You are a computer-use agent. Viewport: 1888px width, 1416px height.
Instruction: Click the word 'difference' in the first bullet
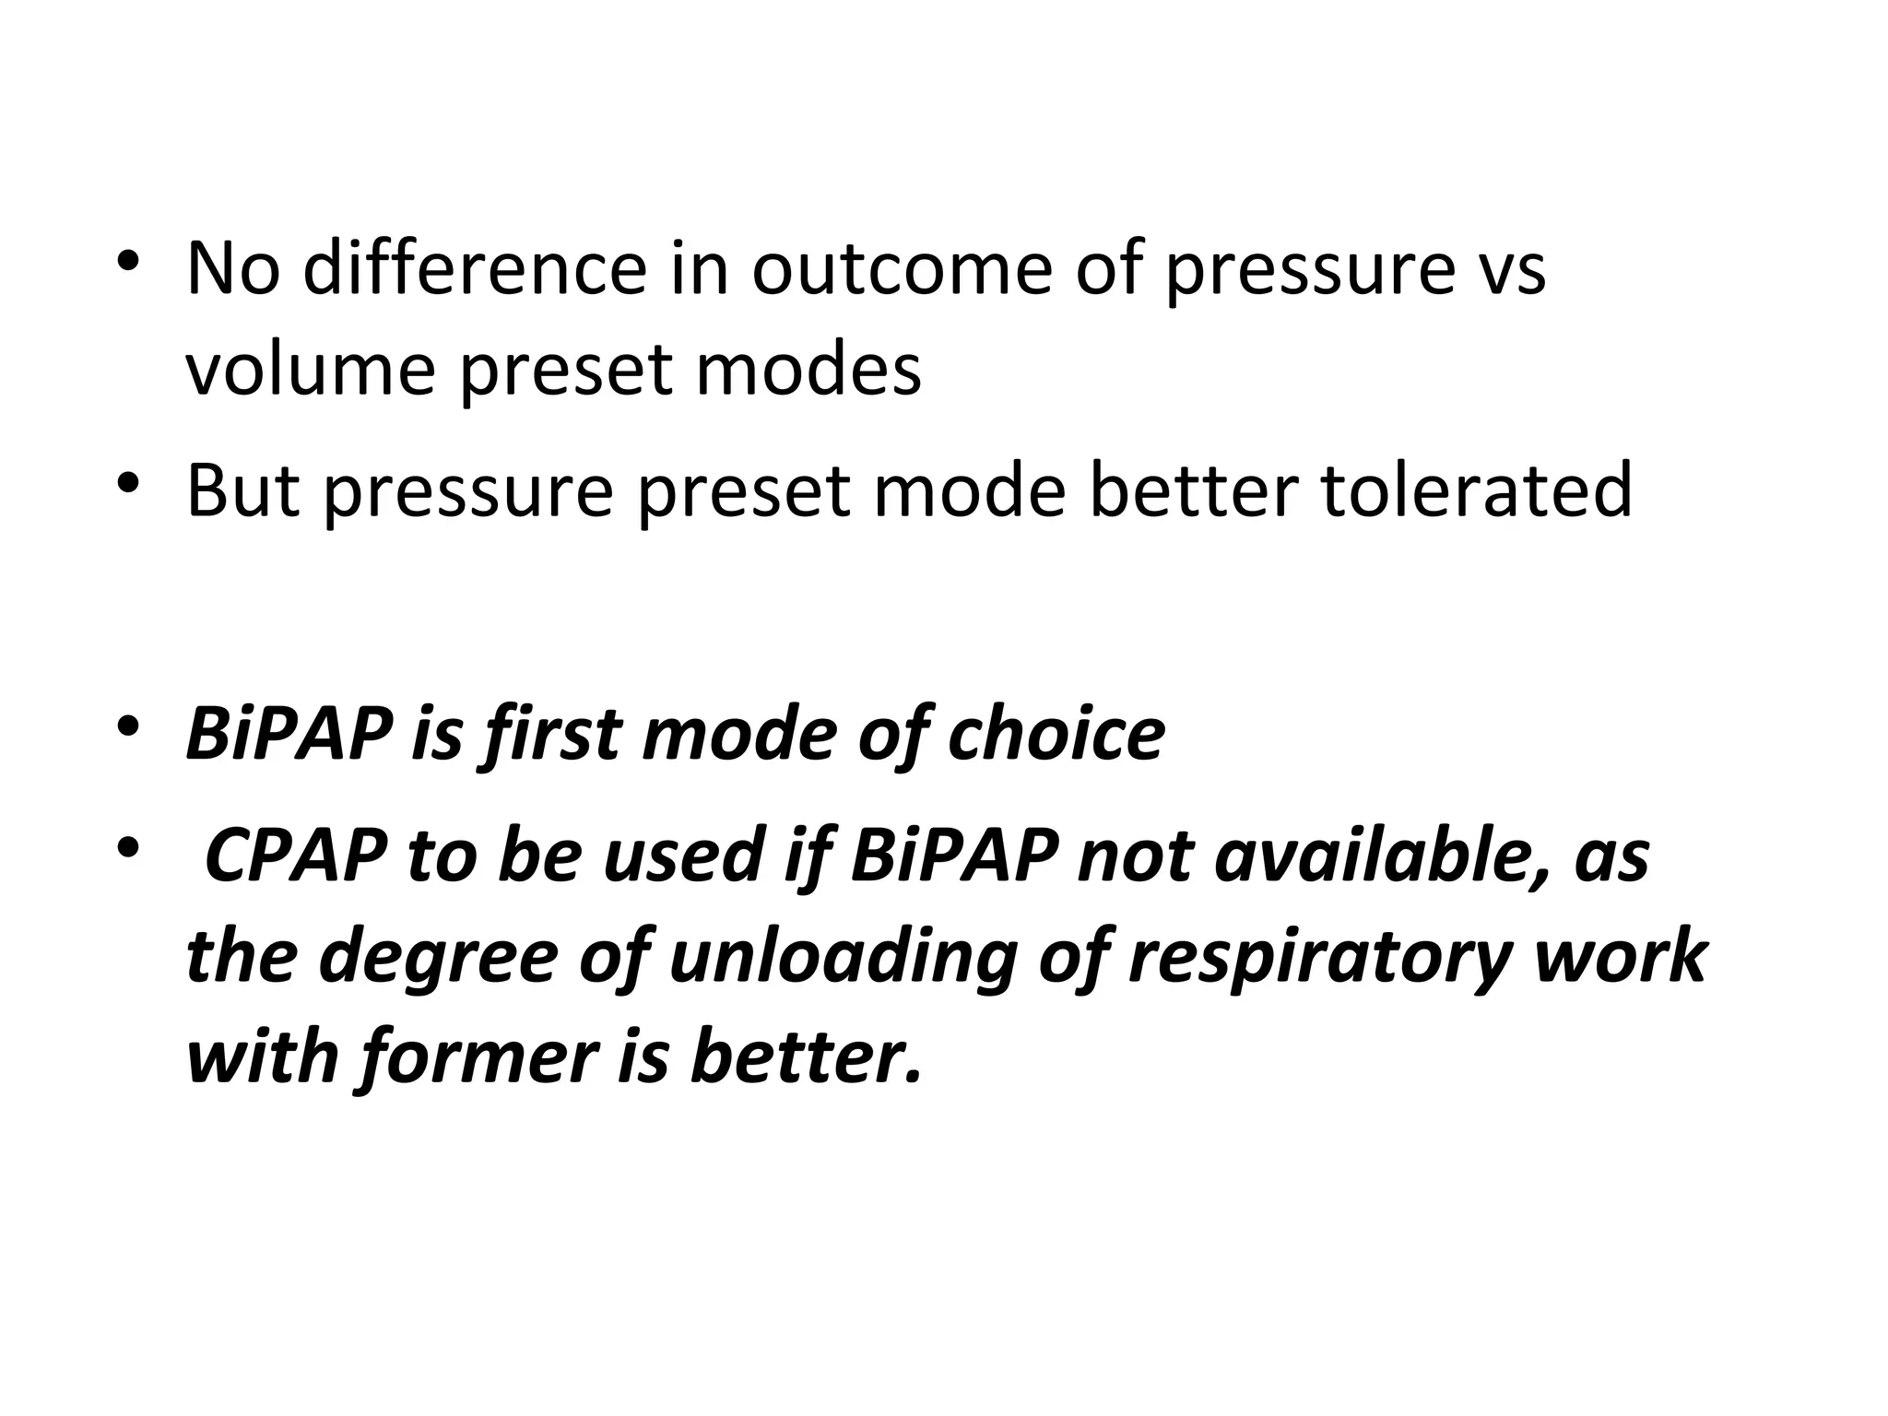475,268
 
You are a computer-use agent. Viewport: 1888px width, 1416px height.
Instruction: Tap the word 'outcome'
902,268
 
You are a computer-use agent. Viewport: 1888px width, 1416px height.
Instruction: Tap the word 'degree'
437,956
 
